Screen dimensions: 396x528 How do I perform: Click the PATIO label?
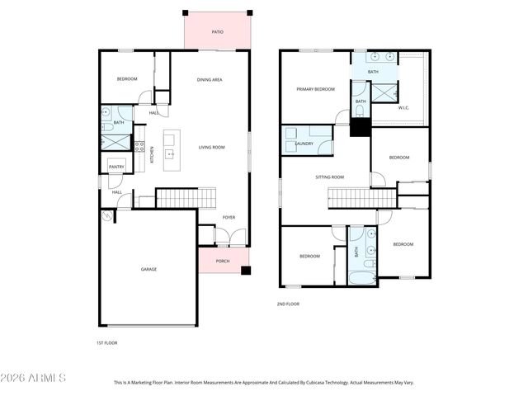pyautogui.click(x=217, y=32)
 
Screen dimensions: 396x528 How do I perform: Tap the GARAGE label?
pyautogui.click(x=148, y=269)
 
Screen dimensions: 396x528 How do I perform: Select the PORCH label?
pyautogui.click(x=223, y=261)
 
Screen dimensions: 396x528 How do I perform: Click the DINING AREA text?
pyautogui.click(x=210, y=79)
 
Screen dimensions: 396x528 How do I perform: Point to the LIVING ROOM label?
pyautogui.click(x=211, y=148)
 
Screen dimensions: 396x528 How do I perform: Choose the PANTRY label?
pyautogui.click(x=115, y=166)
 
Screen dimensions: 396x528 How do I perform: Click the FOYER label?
pyautogui.click(x=229, y=217)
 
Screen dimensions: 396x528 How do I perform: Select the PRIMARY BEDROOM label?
pyautogui.click(x=315, y=88)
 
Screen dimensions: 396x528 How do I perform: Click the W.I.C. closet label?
pyautogui.click(x=403, y=107)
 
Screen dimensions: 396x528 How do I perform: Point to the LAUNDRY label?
pyautogui.click(x=304, y=144)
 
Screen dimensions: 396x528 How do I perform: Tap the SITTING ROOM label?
pyautogui.click(x=329, y=177)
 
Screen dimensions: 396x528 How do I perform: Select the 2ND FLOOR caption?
pyautogui.click(x=288, y=304)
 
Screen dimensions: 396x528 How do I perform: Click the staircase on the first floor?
pyautogui.click(x=186, y=198)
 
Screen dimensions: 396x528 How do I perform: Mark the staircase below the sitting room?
pyautogui.click(x=362, y=198)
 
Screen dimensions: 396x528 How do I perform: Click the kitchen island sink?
pyautogui.click(x=171, y=153)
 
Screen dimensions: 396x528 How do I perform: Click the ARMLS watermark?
pyautogui.click(x=34, y=378)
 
